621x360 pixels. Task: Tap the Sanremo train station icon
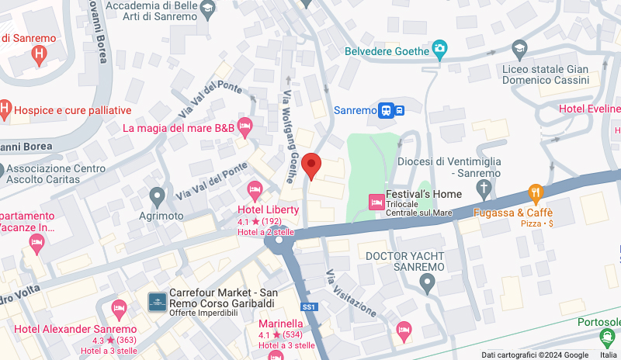(x=390, y=110)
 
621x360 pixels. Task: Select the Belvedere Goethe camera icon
(x=440, y=51)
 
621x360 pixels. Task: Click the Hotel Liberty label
(x=268, y=209)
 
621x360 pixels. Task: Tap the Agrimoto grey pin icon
(x=158, y=195)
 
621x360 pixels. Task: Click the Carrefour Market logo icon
(x=158, y=300)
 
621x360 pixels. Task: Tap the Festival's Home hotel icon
(x=376, y=202)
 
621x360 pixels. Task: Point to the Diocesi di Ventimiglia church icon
(x=484, y=188)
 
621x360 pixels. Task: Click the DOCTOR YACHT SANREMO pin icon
(x=426, y=285)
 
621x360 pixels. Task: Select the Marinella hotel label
(x=280, y=324)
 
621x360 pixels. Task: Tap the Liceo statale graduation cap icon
(x=518, y=50)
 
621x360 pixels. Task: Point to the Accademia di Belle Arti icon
(x=206, y=9)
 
